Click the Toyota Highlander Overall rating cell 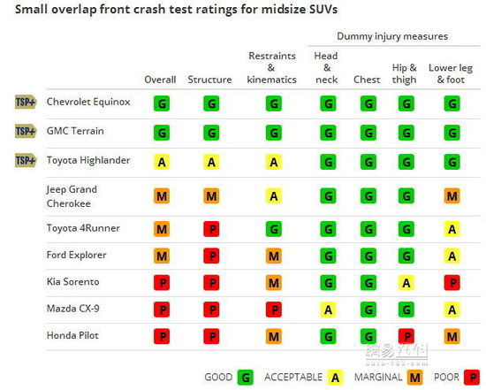tap(162, 162)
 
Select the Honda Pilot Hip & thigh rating tap(406, 336)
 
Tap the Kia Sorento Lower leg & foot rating tap(452, 283)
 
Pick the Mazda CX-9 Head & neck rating tap(328, 310)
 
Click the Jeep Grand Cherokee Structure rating tap(211, 196)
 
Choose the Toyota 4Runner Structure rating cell tap(211, 229)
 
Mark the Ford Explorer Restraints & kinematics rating tap(274, 256)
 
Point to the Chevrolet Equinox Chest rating tap(368, 103)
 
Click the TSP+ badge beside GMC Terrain tap(26, 131)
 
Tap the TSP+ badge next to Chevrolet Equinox tap(26, 102)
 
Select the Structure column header tap(209, 80)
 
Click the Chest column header tap(367, 80)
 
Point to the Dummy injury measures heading tap(392, 36)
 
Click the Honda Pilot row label tap(72, 335)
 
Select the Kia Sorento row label tap(72, 281)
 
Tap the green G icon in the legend tap(246, 378)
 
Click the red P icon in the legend tap(472, 378)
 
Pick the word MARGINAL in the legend tap(378, 377)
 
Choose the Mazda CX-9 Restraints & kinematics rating tap(274, 310)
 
